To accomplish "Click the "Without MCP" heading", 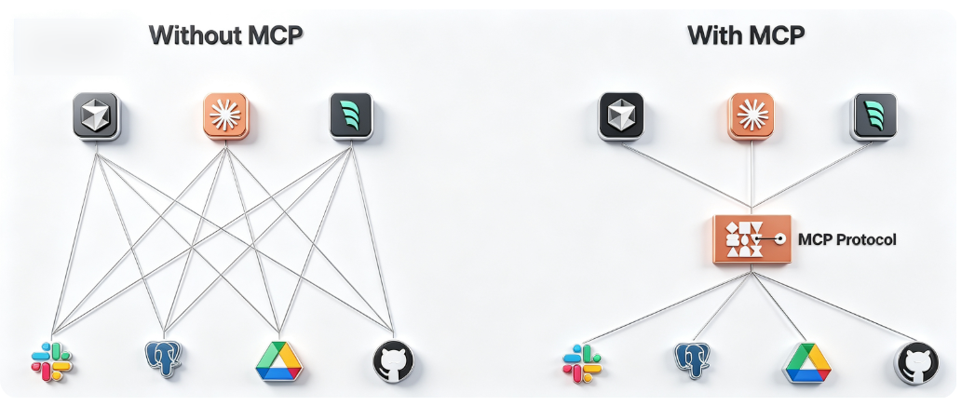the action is click(225, 34).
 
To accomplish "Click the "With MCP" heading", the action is click(746, 34).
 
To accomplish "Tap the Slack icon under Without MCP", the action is click(51, 362).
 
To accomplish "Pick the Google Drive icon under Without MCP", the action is click(278, 361).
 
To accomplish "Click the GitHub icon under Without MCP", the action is click(393, 361).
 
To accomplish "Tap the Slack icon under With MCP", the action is click(582, 363).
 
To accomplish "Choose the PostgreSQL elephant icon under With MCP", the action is click(692, 360).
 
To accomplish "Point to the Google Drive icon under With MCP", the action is click(806, 363).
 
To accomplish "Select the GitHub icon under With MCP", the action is click(916, 363).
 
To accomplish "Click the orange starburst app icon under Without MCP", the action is click(225, 116).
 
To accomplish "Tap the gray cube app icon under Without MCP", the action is click(96, 116).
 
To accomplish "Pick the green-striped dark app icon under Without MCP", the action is click(351, 116).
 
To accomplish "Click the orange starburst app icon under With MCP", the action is click(752, 116).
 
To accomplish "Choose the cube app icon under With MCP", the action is click(621, 116).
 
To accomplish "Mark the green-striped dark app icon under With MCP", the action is click(874, 116).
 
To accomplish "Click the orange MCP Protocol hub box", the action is click(752, 239).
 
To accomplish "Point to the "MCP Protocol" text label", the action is click(846, 239).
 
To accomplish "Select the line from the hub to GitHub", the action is click(834, 306).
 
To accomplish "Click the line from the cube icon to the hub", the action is click(687, 176).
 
